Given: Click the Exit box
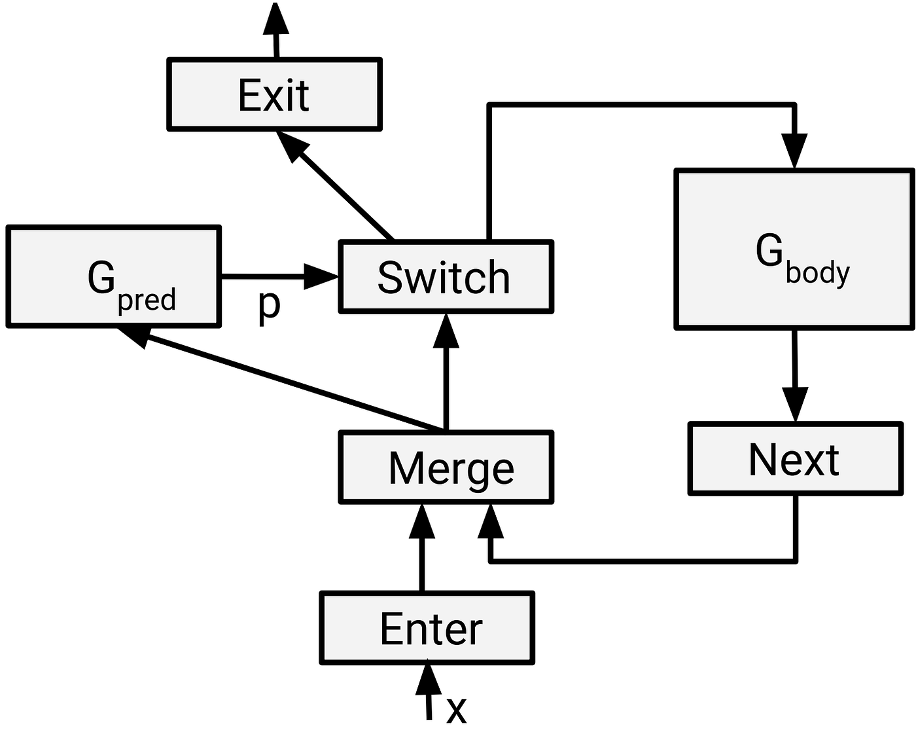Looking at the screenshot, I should click(275, 95).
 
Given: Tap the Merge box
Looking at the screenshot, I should click(446, 467).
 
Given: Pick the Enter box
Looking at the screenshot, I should click(427, 629).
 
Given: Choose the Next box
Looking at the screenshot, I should click(796, 458).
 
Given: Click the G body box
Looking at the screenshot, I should click(794, 249).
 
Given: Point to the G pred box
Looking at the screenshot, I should click(114, 276).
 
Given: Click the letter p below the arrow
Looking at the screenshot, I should click(269, 304).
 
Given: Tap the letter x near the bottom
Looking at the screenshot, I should click(456, 710).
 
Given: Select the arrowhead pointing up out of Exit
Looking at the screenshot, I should click(275, 18).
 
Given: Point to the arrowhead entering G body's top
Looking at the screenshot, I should click(794, 151).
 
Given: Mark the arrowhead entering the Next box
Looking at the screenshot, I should click(796, 405).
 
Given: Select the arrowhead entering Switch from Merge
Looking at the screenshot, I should click(447, 331).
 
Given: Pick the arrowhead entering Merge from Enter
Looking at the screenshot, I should click(421, 521).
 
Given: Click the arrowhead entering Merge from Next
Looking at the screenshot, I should click(491, 522).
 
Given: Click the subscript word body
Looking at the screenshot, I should click(818, 272).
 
